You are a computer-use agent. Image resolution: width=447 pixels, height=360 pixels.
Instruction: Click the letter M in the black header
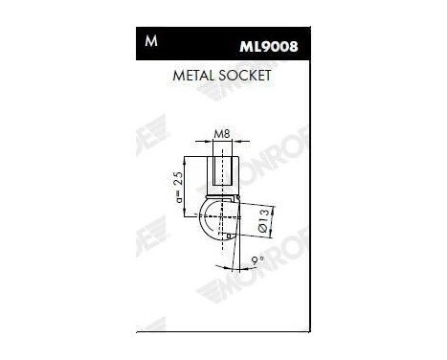pyautogui.click(x=150, y=43)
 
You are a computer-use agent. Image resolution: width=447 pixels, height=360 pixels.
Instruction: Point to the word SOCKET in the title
pyautogui.click(x=245, y=74)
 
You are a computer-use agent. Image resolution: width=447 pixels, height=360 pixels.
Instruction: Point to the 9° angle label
pyautogui.click(x=255, y=260)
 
